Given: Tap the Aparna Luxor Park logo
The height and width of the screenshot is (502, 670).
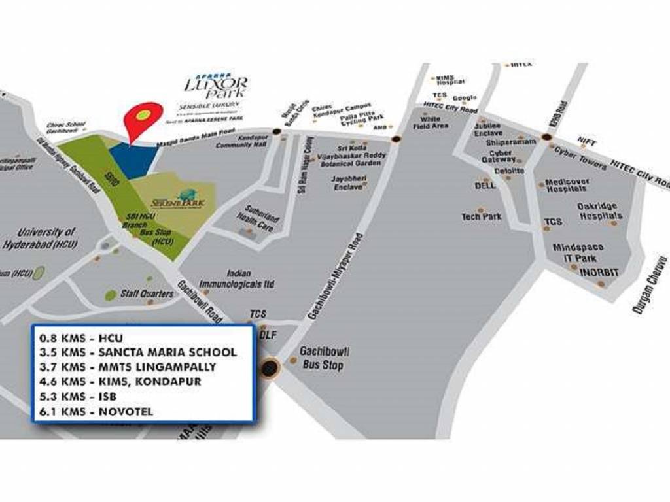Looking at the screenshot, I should [x=216, y=88].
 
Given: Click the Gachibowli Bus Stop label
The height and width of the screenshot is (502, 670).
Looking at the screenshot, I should [x=321, y=359].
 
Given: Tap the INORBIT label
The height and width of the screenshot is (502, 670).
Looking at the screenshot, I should [x=599, y=272].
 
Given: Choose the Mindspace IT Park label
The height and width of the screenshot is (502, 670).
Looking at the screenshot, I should [x=578, y=253].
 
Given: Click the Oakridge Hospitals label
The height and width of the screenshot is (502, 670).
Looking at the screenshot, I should [x=599, y=211].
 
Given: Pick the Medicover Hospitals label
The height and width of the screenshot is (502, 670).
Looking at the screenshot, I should [x=567, y=185].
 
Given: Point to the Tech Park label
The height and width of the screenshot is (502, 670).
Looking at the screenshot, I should [x=481, y=216].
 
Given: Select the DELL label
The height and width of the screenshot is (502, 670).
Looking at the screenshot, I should [x=484, y=186].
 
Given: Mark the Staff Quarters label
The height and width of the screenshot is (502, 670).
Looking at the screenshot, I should [x=147, y=294].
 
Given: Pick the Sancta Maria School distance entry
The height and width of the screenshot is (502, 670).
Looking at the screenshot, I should [x=138, y=353].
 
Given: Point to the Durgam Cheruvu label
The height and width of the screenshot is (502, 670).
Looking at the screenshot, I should [x=649, y=285].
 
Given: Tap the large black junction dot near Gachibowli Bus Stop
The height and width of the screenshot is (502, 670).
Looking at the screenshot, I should [x=269, y=368].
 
